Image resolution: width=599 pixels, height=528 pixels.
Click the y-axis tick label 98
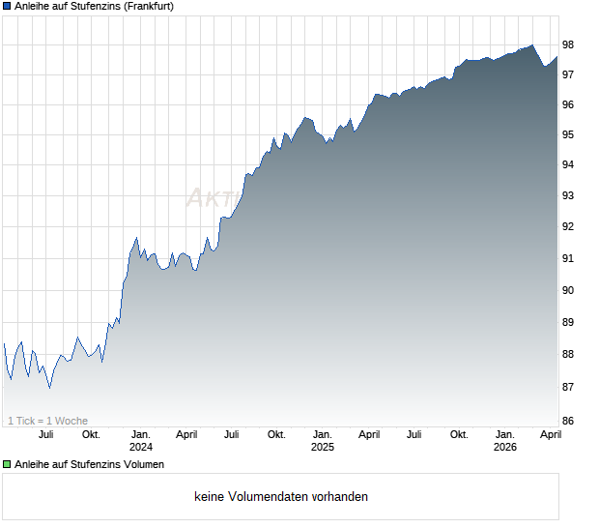(568, 44)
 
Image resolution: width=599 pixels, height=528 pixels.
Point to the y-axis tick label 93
(568, 196)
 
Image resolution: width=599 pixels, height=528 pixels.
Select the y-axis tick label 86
(568, 421)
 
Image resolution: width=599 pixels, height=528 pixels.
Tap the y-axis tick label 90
(568, 290)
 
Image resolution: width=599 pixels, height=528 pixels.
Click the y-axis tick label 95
(568, 134)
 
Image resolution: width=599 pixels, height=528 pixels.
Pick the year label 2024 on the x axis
(141, 447)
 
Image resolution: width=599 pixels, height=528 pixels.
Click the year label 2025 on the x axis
(323, 447)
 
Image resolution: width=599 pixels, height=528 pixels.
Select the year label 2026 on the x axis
(504, 447)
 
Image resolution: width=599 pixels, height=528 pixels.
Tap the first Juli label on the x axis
(45, 434)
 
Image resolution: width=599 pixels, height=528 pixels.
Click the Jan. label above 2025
(323, 434)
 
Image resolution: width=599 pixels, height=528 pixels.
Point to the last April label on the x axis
(551, 434)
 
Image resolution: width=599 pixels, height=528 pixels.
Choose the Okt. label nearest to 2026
(459, 434)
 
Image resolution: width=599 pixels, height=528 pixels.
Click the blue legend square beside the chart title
(7, 6)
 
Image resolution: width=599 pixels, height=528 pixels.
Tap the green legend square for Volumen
(7, 465)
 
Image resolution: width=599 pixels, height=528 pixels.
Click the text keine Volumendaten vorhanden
(280, 497)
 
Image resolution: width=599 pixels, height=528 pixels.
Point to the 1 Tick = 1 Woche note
(47, 421)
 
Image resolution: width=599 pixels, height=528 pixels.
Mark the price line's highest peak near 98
(531, 44)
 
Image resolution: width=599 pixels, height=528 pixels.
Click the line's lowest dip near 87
(49, 388)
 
